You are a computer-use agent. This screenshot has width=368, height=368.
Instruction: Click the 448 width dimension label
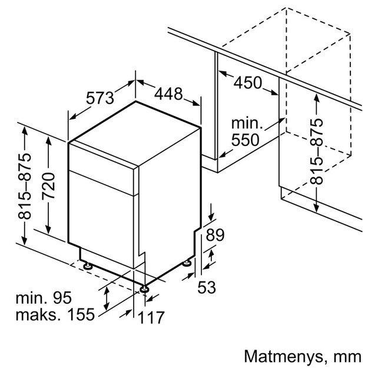170,93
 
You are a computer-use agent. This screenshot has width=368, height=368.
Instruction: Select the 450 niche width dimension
248,83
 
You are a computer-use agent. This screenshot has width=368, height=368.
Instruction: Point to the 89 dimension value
215,236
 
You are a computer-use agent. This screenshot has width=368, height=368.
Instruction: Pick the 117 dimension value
151,317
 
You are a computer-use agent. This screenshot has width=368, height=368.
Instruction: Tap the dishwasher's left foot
87,266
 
